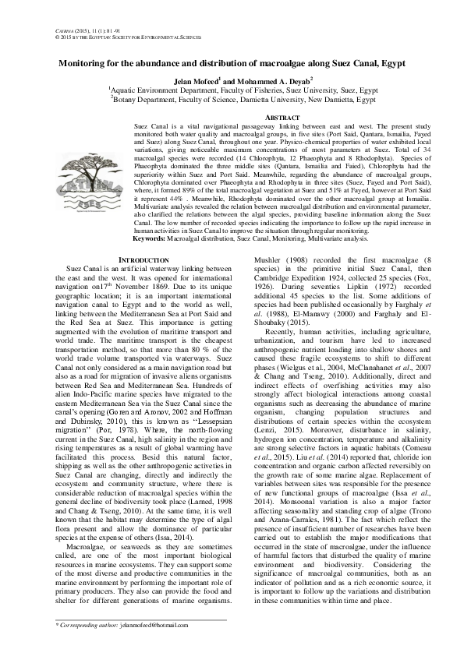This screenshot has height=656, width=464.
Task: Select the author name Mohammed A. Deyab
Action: point(269,79)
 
